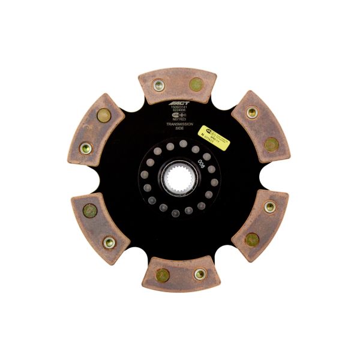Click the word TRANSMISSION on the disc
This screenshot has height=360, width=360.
click(178, 124)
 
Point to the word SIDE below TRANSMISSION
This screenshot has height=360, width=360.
click(178, 128)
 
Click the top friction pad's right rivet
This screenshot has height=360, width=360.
click(196, 85)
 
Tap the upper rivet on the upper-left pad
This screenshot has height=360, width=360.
click(103, 115)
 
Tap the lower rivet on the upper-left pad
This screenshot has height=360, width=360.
click(86, 146)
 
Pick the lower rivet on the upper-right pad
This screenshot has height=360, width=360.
click(271, 144)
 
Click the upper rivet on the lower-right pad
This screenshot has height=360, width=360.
click(270, 207)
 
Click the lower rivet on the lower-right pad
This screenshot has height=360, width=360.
click(252, 239)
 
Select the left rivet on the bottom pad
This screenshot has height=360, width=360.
click(162, 275)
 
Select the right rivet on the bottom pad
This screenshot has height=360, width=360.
click(199, 274)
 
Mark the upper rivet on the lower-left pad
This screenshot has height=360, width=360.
click(90, 211)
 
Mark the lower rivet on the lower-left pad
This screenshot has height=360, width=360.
click(109, 242)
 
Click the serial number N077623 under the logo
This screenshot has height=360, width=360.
click(178, 118)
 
